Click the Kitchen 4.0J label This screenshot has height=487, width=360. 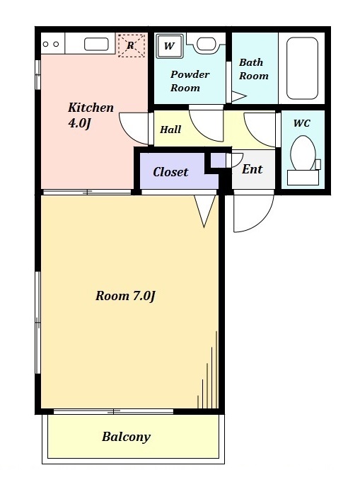(91, 115)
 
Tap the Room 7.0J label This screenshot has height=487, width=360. (125, 296)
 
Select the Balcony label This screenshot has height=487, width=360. (126, 437)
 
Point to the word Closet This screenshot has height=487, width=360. (170, 172)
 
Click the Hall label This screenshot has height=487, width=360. (170, 130)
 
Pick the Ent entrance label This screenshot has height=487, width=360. (252, 169)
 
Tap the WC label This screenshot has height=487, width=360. (301, 123)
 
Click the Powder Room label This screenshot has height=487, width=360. (190, 81)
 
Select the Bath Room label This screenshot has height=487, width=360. (253, 69)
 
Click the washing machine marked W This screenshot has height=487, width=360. (169, 46)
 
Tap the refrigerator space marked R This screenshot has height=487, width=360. (132, 45)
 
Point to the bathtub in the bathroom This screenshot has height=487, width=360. (302, 69)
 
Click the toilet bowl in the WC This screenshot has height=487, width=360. (303, 153)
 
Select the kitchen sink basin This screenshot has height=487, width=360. (96, 45)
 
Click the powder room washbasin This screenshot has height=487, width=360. (206, 44)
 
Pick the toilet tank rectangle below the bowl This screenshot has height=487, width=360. (303, 178)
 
